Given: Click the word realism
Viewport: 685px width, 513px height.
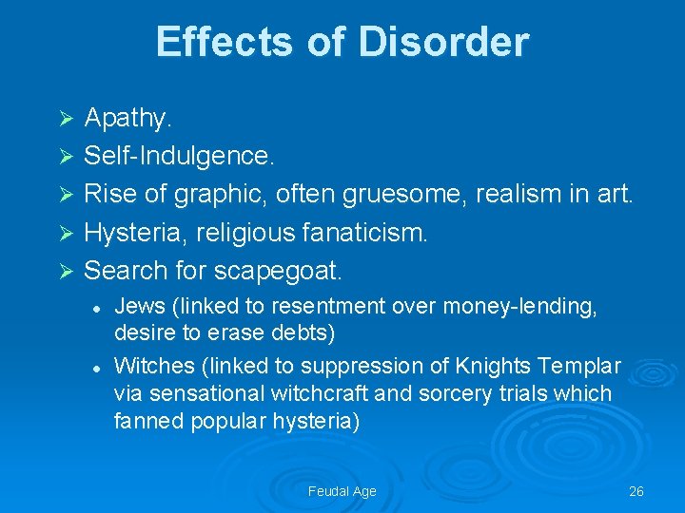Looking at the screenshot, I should (524, 194).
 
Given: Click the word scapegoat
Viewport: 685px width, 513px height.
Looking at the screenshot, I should (279, 270).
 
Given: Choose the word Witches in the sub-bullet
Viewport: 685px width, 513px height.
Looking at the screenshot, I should (153, 366).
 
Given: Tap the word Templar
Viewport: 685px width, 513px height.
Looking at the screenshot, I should (582, 366).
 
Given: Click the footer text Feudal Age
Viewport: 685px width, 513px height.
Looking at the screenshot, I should (342, 491).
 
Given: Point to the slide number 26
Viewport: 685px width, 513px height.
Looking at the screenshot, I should (636, 491).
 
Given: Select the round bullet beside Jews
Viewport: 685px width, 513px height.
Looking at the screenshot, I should (96, 307).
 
